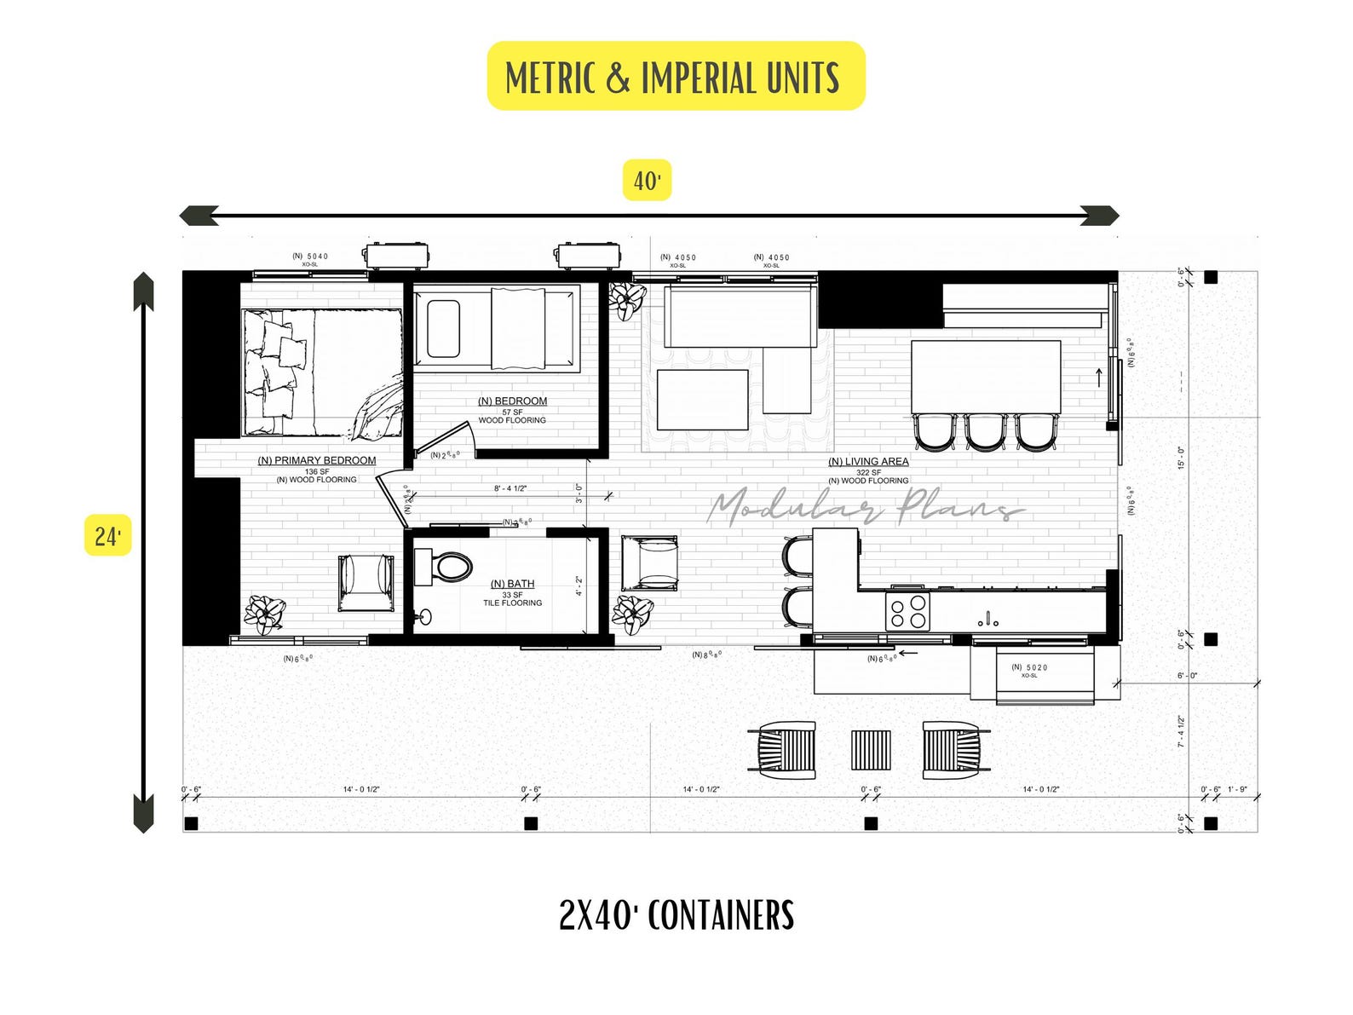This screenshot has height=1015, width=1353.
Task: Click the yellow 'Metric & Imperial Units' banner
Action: pos(676,76)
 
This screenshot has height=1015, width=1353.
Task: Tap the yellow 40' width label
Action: pos(647,180)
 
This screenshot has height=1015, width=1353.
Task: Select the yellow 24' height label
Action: pos(107,535)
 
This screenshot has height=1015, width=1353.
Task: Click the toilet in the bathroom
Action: pos(445,567)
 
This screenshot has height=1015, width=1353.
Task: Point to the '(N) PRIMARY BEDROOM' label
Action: pos(317,461)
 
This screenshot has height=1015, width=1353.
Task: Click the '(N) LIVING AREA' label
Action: pos(868,462)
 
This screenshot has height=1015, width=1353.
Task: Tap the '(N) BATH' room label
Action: pos(512,584)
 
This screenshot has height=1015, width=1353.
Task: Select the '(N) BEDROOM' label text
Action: pos(512,401)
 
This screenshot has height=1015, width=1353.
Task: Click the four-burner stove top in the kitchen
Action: pos(907,611)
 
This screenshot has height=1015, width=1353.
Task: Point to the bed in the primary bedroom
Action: pos(322,372)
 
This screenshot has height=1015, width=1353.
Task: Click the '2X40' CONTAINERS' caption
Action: pos(676,914)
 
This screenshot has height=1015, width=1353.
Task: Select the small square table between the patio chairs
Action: pos(870,750)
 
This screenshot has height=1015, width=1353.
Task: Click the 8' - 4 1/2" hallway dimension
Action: pos(510,488)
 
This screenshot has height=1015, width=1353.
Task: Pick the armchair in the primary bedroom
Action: pos(366,583)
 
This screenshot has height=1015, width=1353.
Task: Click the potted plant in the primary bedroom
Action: pos(265,614)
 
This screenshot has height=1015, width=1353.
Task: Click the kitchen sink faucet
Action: pos(988,619)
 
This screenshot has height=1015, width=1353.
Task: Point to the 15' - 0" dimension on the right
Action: pos(1181,458)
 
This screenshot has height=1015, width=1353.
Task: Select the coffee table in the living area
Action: pos(703,400)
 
